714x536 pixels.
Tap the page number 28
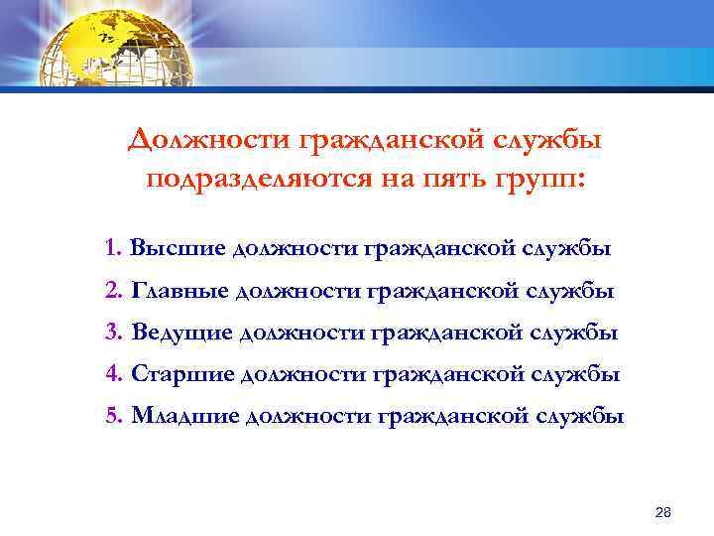pos(663,512)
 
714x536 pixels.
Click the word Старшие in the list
pos(183,375)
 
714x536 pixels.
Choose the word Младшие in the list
pos(186,417)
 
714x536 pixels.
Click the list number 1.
pos(111,248)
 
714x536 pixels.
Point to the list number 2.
pos(111,291)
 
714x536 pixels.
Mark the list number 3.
pos(111,333)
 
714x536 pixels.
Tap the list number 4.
pos(111,375)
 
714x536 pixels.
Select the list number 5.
pos(111,417)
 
